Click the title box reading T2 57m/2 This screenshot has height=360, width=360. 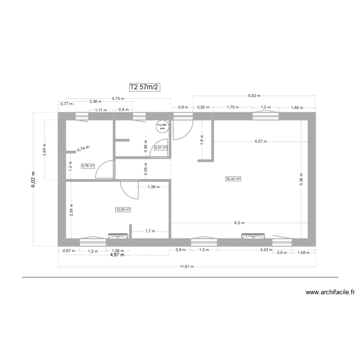point(144,87)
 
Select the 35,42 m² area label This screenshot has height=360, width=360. point(233,179)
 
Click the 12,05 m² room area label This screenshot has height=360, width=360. point(123,209)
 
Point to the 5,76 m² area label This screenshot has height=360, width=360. point(88,166)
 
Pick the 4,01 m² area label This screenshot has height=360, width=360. point(161,148)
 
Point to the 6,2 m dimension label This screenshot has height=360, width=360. point(240,223)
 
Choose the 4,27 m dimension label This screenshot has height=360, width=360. point(261,142)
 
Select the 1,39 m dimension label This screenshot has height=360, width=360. point(154,187)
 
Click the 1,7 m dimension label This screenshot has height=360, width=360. point(150,231)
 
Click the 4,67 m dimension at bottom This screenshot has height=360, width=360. point(117,255)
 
